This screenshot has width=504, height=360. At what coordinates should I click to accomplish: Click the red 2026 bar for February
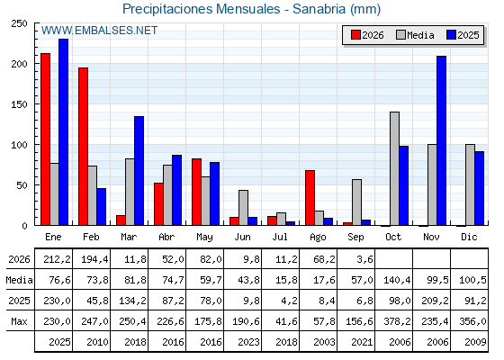tap(83, 146)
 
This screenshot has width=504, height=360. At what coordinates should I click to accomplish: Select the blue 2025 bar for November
tap(441, 140)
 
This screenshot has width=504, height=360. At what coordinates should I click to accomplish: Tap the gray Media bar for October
tap(394, 168)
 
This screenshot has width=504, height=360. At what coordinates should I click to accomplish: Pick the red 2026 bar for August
tap(310, 198)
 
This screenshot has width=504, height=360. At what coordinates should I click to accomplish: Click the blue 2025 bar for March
tap(139, 171)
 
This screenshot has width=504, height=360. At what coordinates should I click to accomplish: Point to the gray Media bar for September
tap(356, 202)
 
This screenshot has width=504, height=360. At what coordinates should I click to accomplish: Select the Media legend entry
tap(415, 35)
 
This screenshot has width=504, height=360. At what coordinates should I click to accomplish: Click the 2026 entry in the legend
tap(367, 35)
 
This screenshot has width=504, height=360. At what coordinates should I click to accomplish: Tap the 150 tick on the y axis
tap(19, 104)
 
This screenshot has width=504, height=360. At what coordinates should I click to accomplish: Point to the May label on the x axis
tap(204, 237)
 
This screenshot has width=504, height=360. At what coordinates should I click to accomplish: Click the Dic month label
tap(469, 237)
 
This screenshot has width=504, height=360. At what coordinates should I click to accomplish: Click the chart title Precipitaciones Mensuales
tap(202, 9)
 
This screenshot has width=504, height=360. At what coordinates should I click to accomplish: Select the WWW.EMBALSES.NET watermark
tap(99, 31)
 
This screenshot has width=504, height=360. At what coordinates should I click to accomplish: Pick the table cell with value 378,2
tap(397, 321)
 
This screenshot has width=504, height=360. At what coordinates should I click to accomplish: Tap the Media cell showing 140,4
tap(397, 280)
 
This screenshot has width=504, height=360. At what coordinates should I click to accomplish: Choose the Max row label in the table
tap(19, 321)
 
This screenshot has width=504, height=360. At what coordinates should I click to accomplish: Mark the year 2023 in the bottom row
tap(248, 342)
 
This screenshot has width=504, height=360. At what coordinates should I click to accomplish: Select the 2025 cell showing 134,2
tap(132, 301)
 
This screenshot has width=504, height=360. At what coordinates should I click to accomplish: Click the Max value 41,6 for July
tap(286, 321)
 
